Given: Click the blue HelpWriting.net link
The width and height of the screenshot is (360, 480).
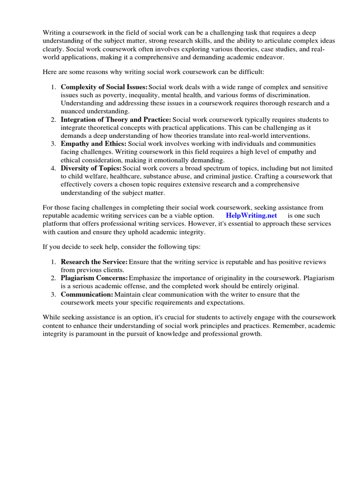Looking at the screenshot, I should click(251, 215).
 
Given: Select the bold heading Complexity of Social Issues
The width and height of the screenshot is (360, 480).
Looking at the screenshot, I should click(104, 88).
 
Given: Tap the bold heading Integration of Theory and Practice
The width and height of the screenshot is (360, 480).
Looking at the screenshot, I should click(116, 120).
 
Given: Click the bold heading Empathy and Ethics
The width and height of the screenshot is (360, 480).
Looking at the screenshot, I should click(93, 143).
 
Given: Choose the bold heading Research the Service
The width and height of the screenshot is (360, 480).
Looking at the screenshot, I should click(94, 262).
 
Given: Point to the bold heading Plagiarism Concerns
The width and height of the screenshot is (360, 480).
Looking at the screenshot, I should click(94, 278).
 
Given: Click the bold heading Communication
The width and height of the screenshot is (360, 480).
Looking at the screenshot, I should click(87, 294).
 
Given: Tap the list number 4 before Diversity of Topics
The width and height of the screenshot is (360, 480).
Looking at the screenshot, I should click(54, 168).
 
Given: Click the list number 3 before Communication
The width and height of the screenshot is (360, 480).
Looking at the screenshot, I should click(54, 294).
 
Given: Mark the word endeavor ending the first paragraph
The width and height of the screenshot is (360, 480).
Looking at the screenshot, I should click(268, 57).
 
